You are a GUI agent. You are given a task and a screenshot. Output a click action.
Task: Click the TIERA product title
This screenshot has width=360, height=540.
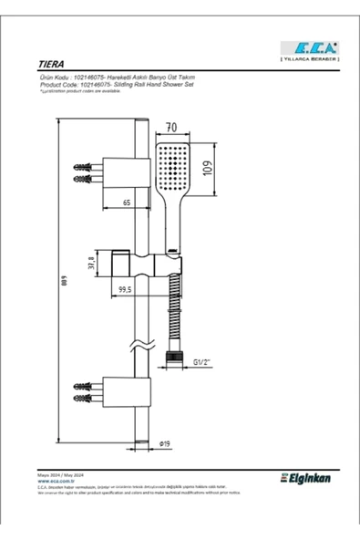pos(52,67)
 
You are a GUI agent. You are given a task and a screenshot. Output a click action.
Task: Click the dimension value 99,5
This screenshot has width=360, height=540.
pos(125,289)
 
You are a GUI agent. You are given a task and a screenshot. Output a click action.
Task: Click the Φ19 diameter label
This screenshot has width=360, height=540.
pos(165,443)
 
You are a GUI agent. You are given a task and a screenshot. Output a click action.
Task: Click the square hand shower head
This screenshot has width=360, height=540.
pos(171,165)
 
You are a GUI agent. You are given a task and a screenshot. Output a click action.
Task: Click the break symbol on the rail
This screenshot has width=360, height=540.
pos(139,348)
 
